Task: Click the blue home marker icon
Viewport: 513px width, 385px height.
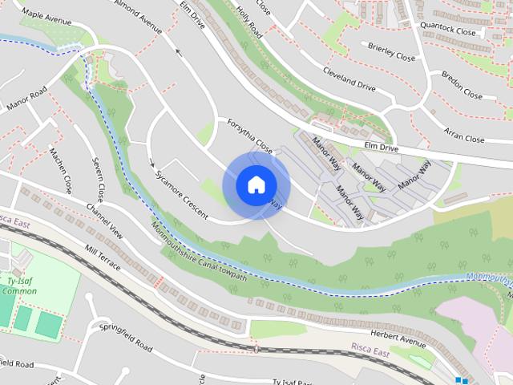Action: [256, 184]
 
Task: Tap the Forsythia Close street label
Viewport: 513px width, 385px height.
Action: [250, 136]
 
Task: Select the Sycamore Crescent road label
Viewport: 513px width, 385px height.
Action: [182, 195]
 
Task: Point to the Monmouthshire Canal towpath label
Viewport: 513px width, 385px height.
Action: [199, 245]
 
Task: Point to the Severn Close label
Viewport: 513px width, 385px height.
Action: [99, 179]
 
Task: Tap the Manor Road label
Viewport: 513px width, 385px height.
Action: [27, 99]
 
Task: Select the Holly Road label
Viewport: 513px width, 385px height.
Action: [249, 22]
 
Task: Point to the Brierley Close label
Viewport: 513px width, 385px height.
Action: [392, 52]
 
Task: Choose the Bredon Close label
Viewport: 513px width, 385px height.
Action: [462, 85]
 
